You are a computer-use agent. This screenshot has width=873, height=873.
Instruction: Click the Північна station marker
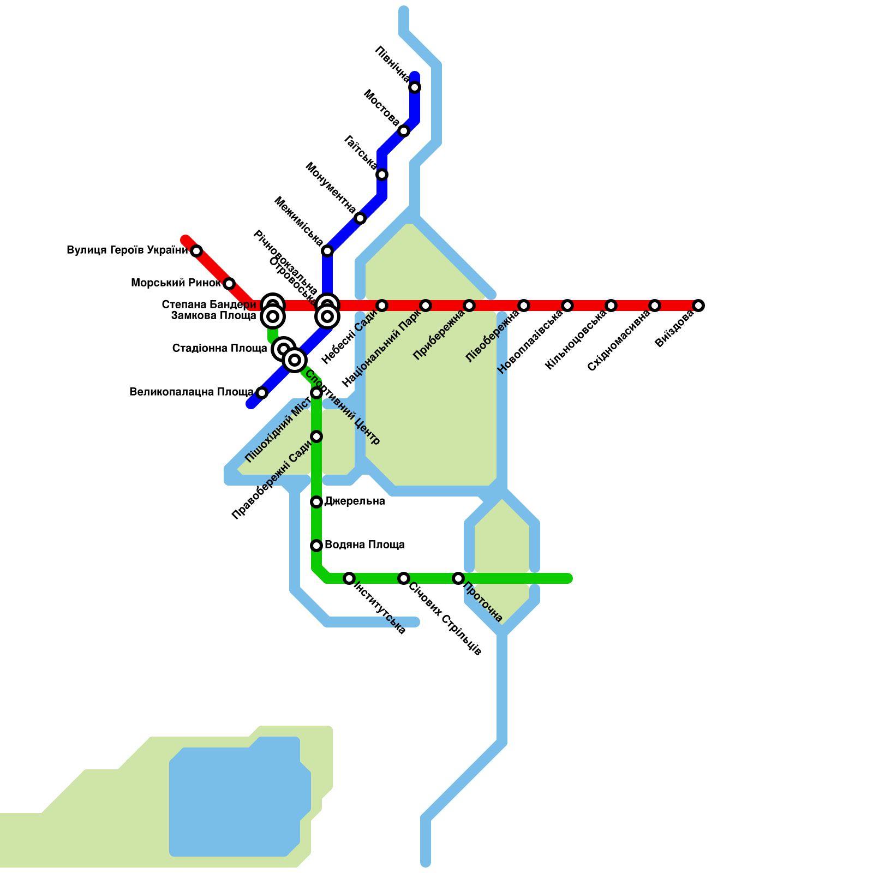(415, 87)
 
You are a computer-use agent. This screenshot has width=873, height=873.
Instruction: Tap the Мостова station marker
(404, 131)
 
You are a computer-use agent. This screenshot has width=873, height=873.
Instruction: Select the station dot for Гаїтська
(382, 175)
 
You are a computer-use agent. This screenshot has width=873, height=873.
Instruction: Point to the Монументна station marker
(360, 219)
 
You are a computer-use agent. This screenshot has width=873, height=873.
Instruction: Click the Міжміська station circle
(327, 251)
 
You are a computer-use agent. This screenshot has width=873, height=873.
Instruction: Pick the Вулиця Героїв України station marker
(196, 251)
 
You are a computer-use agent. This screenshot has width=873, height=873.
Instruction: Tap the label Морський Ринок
(176, 283)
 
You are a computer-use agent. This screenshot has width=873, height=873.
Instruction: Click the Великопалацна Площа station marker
(262, 393)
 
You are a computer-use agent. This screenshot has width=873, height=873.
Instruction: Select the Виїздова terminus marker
(698, 306)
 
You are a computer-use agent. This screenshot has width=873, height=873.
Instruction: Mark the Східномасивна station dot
(655, 306)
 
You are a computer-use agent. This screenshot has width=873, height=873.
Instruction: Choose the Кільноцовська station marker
(611, 306)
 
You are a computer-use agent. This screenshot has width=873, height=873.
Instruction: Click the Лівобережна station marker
(524, 306)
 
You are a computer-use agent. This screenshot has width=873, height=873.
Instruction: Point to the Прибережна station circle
(469, 306)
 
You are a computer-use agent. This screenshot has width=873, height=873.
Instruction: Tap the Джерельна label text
(355, 501)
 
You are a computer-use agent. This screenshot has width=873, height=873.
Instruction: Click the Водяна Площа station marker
(316, 546)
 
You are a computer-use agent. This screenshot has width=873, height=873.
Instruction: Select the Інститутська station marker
(349, 578)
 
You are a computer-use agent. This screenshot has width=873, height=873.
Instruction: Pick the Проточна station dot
(458, 578)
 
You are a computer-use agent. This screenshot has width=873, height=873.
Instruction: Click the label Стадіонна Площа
(219, 348)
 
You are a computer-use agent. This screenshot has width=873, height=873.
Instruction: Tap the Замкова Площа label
(213, 316)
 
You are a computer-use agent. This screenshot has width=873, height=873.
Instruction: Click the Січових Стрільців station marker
(404, 578)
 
